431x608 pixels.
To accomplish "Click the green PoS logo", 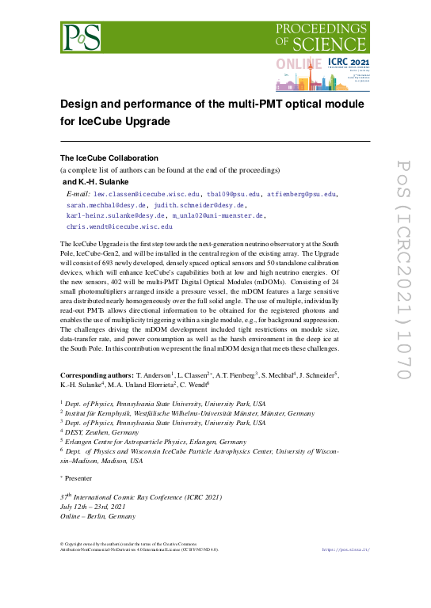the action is click(82, 36).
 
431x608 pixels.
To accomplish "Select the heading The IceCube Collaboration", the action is click(109, 158).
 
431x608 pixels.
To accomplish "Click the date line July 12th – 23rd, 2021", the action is click(93, 506).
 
